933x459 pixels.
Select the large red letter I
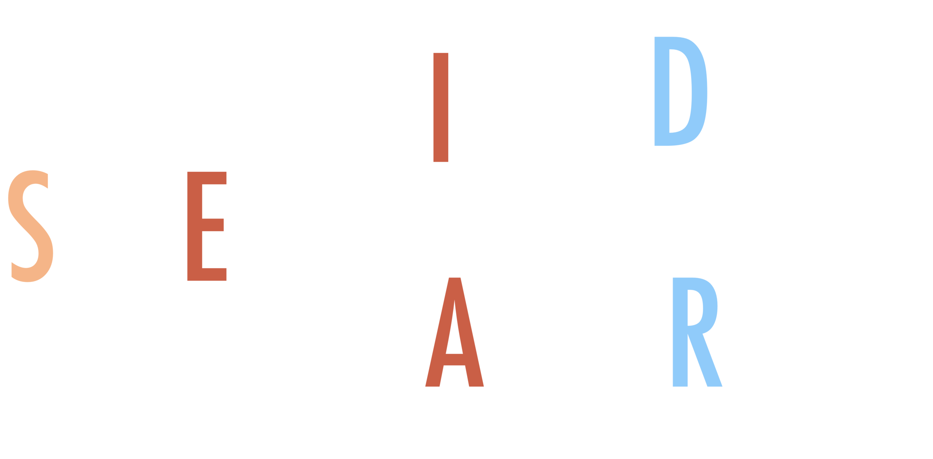pos(440,108)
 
